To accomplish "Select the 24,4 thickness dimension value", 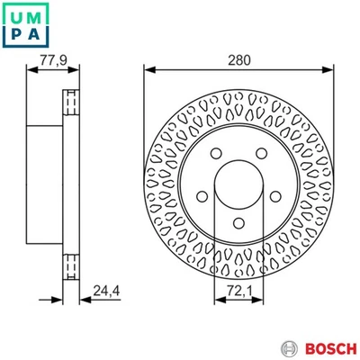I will point(104,289).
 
